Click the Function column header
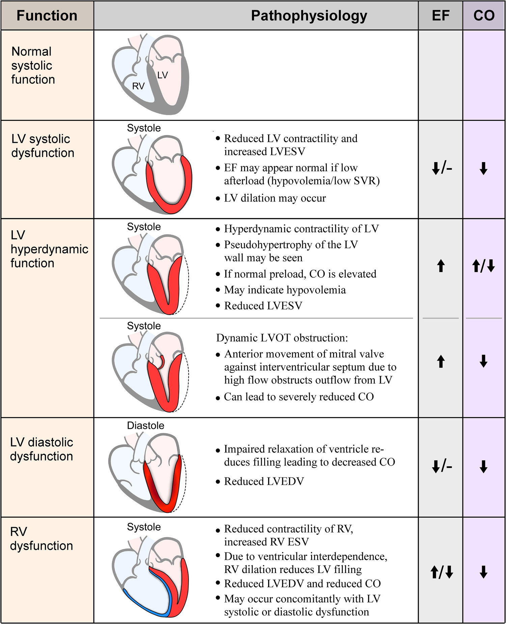pos(47,16)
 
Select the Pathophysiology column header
pos(309,16)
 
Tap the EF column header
pos(441,16)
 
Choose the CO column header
pos(484,16)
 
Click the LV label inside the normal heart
pos(163,75)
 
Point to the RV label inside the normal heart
pos(138,86)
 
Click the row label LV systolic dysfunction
pos(43,146)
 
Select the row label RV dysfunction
pos(41,539)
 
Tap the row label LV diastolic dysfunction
pos(41,449)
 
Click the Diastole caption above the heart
pos(145,425)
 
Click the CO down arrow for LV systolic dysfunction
pos(483,168)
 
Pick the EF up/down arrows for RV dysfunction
pos(442,572)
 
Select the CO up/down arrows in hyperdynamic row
pos(483,266)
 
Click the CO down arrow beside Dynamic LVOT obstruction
pos(483,361)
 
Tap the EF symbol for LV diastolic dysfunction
pos(442,467)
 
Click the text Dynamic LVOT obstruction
pos(282,338)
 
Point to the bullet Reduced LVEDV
pos(264,481)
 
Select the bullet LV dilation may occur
pos(275,198)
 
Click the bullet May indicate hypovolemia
pos(285,290)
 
